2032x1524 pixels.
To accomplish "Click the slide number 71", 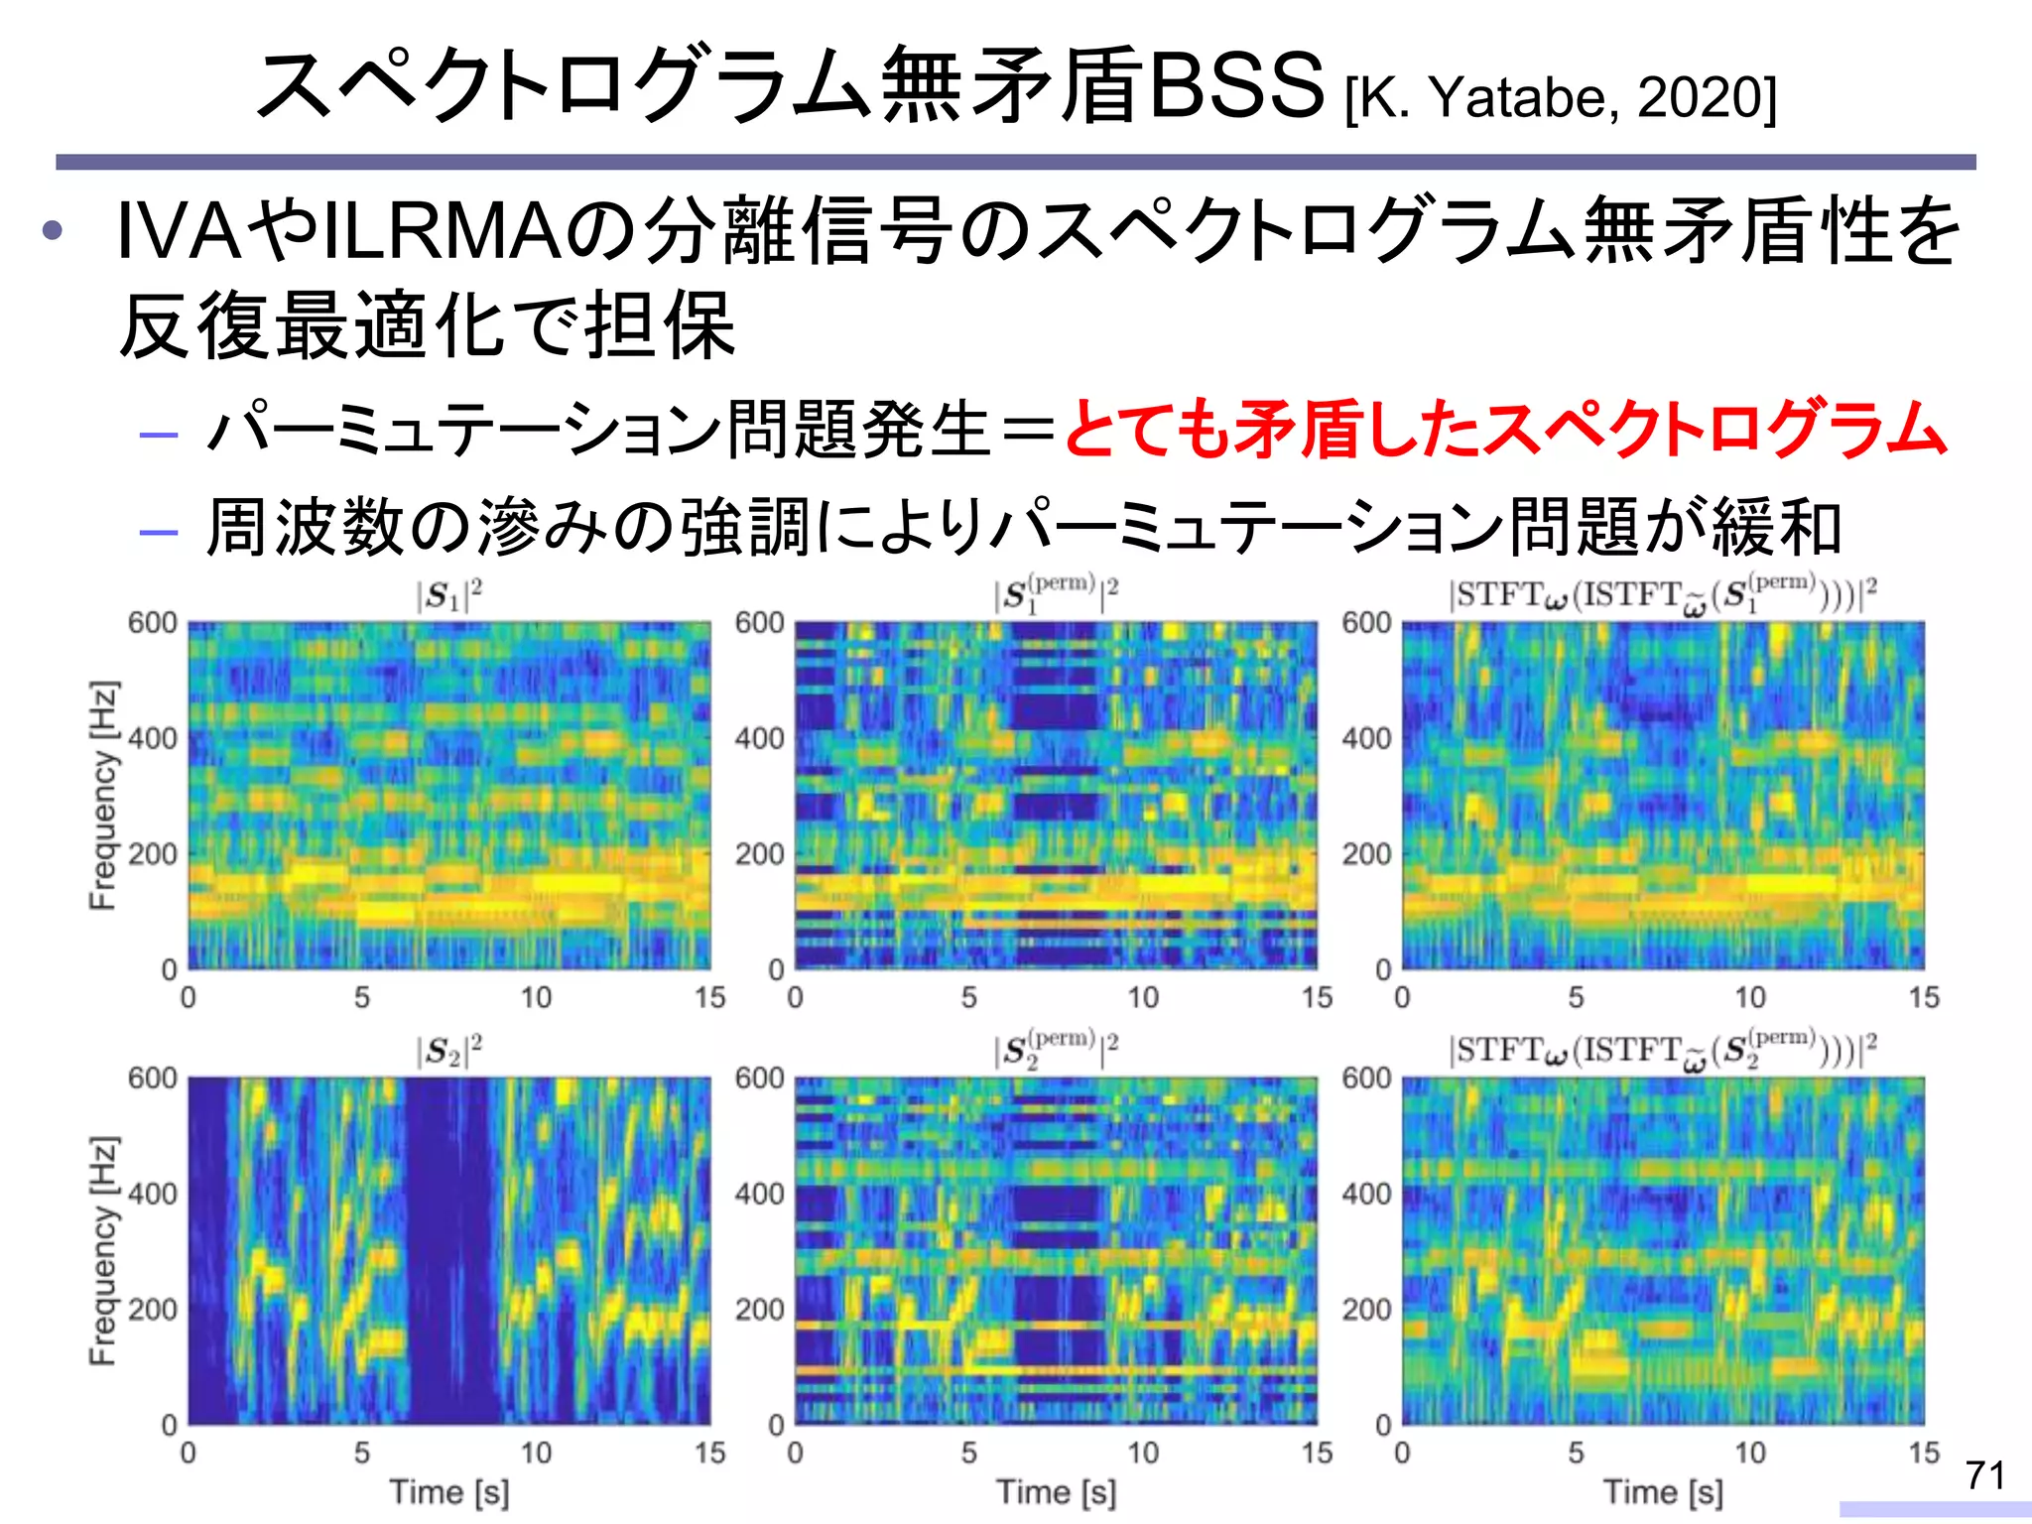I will click(x=1985, y=1475).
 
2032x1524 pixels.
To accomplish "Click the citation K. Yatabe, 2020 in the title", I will click(x=1561, y=97).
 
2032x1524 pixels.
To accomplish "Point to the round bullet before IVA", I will click(x=53, y=232).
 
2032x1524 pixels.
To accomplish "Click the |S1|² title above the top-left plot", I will click(x=448, y=595).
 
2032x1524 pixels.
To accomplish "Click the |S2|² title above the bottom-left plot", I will click(x=448, y=1051).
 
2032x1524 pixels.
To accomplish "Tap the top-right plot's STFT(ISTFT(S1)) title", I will click(x=1663, y=595).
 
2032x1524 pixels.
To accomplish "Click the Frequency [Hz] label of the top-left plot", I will click(x=103, y=795).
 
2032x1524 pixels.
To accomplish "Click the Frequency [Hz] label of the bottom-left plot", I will click(x=103, y=1250).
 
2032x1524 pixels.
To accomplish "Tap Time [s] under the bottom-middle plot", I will click(x=1056, y=1491).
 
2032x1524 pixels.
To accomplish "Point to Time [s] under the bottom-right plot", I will click(x=1663, y=1491).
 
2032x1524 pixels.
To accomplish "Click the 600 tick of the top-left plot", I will click(x=152, y=623).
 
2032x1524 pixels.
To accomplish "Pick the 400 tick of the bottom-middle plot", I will click(x=759, y=1194).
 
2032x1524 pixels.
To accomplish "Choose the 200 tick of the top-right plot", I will click(x=1366, y=853).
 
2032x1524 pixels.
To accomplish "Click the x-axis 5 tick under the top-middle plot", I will click(x=969, y=997).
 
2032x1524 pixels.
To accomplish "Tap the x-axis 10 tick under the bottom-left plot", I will click(x=536, y=1453).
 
